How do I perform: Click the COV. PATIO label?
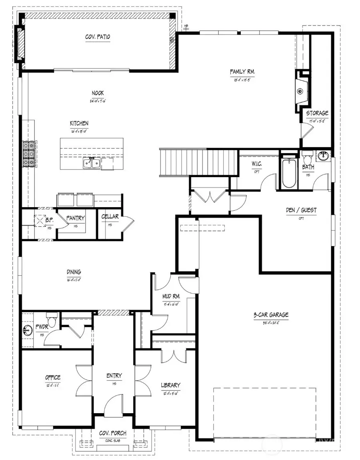coord(98,37)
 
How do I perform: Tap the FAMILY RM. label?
coord(242,72)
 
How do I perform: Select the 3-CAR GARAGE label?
coord(270,315)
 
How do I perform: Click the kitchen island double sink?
coord(91,162)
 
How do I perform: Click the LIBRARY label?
coord(170,385)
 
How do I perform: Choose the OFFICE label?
coord(52,377)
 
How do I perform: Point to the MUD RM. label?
coord(170,296)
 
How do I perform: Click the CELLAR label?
coord(110,217)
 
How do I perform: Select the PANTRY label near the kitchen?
coord(75,218)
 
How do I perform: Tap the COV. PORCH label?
coord(113,433)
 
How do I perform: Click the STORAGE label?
coord(317,113)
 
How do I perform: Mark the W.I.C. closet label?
coord(256,164)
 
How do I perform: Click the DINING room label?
coord(74,272)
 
